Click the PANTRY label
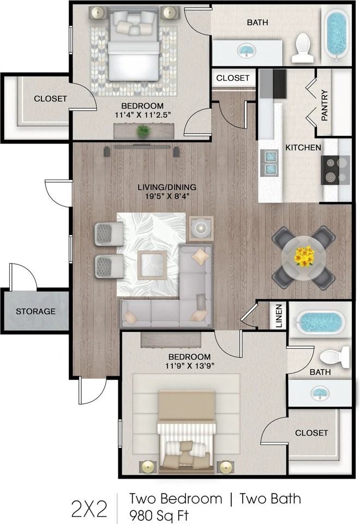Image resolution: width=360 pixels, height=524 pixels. [324, 105]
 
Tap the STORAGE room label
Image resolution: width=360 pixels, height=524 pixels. [35, 311]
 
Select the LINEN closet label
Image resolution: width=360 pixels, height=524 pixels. [279, 316]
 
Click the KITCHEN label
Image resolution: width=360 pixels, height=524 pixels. [303, 147]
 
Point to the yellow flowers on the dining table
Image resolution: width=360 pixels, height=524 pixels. [304, 257]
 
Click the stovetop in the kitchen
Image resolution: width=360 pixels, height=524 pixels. [335, 170]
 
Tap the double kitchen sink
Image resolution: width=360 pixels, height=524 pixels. [271, 163]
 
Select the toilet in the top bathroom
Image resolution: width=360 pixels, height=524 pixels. [303, 47]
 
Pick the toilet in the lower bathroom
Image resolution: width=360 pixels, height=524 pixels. [334, 356]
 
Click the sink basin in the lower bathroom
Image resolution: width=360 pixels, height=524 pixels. [320, 393]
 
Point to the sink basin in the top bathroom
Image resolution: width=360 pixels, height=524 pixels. [247, 50]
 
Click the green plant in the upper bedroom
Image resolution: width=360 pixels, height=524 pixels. [143, 130]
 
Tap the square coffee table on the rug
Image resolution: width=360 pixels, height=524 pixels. [152, 265]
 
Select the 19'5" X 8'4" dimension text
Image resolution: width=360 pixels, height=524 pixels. [167, 196]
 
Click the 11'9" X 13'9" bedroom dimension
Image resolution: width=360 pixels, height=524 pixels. [189, 366]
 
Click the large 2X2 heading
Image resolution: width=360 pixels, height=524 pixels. [89, 509]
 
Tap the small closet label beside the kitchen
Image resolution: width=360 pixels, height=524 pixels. [233, 78]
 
